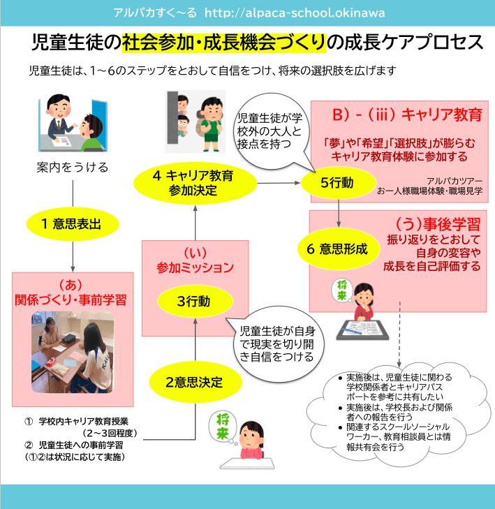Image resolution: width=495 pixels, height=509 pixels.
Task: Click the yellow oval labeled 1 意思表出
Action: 73,223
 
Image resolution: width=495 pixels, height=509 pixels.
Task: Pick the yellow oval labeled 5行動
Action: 339,183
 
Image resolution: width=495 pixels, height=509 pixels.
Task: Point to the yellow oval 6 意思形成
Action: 339,249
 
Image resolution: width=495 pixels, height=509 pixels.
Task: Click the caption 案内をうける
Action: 73,168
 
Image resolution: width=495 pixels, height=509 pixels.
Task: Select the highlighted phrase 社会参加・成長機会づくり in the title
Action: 224,43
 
